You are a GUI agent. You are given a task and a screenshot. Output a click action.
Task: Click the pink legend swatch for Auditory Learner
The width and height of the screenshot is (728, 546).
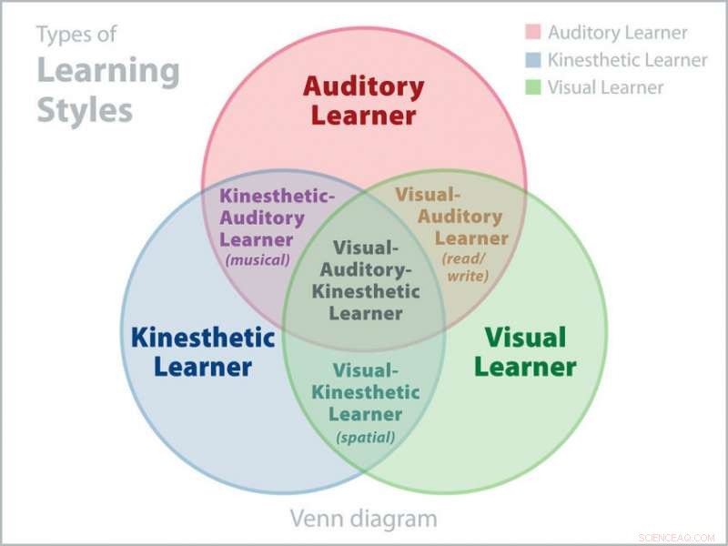click(533, 33)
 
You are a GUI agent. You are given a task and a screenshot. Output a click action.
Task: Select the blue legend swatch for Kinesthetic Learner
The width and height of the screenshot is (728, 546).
click(533, 60)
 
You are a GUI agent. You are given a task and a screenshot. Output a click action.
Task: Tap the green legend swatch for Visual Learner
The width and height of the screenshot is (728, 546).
click(533, 87)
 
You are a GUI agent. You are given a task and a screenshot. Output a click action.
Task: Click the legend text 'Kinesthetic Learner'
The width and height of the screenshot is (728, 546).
click(627, 60)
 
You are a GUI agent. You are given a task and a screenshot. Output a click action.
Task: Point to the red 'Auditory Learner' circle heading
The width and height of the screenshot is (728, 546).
click(363, 101)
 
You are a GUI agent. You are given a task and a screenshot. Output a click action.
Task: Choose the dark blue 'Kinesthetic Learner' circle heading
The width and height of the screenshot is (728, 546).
click(202, 352)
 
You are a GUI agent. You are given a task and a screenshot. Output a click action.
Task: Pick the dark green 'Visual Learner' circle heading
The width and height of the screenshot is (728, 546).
click(525, 352)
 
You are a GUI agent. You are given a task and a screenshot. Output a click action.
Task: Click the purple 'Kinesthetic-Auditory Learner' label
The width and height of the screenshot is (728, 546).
click(262, 217)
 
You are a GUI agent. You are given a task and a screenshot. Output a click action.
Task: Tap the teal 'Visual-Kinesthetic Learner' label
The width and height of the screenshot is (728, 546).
click(366, 392)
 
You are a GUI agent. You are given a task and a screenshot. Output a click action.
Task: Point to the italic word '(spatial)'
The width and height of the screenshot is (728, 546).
click(366, 438)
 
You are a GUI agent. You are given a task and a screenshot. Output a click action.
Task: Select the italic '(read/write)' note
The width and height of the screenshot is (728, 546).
click(466, 267)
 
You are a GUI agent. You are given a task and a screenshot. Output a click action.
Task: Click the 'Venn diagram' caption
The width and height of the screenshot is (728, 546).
click(363, 519)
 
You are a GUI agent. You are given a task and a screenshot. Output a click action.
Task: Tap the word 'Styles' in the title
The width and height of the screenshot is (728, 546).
click(85, 110)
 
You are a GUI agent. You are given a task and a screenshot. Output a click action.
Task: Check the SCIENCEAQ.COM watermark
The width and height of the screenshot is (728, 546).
click(677, 537)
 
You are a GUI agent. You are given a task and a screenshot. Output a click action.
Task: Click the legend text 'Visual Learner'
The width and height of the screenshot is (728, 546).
click(605, 87)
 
